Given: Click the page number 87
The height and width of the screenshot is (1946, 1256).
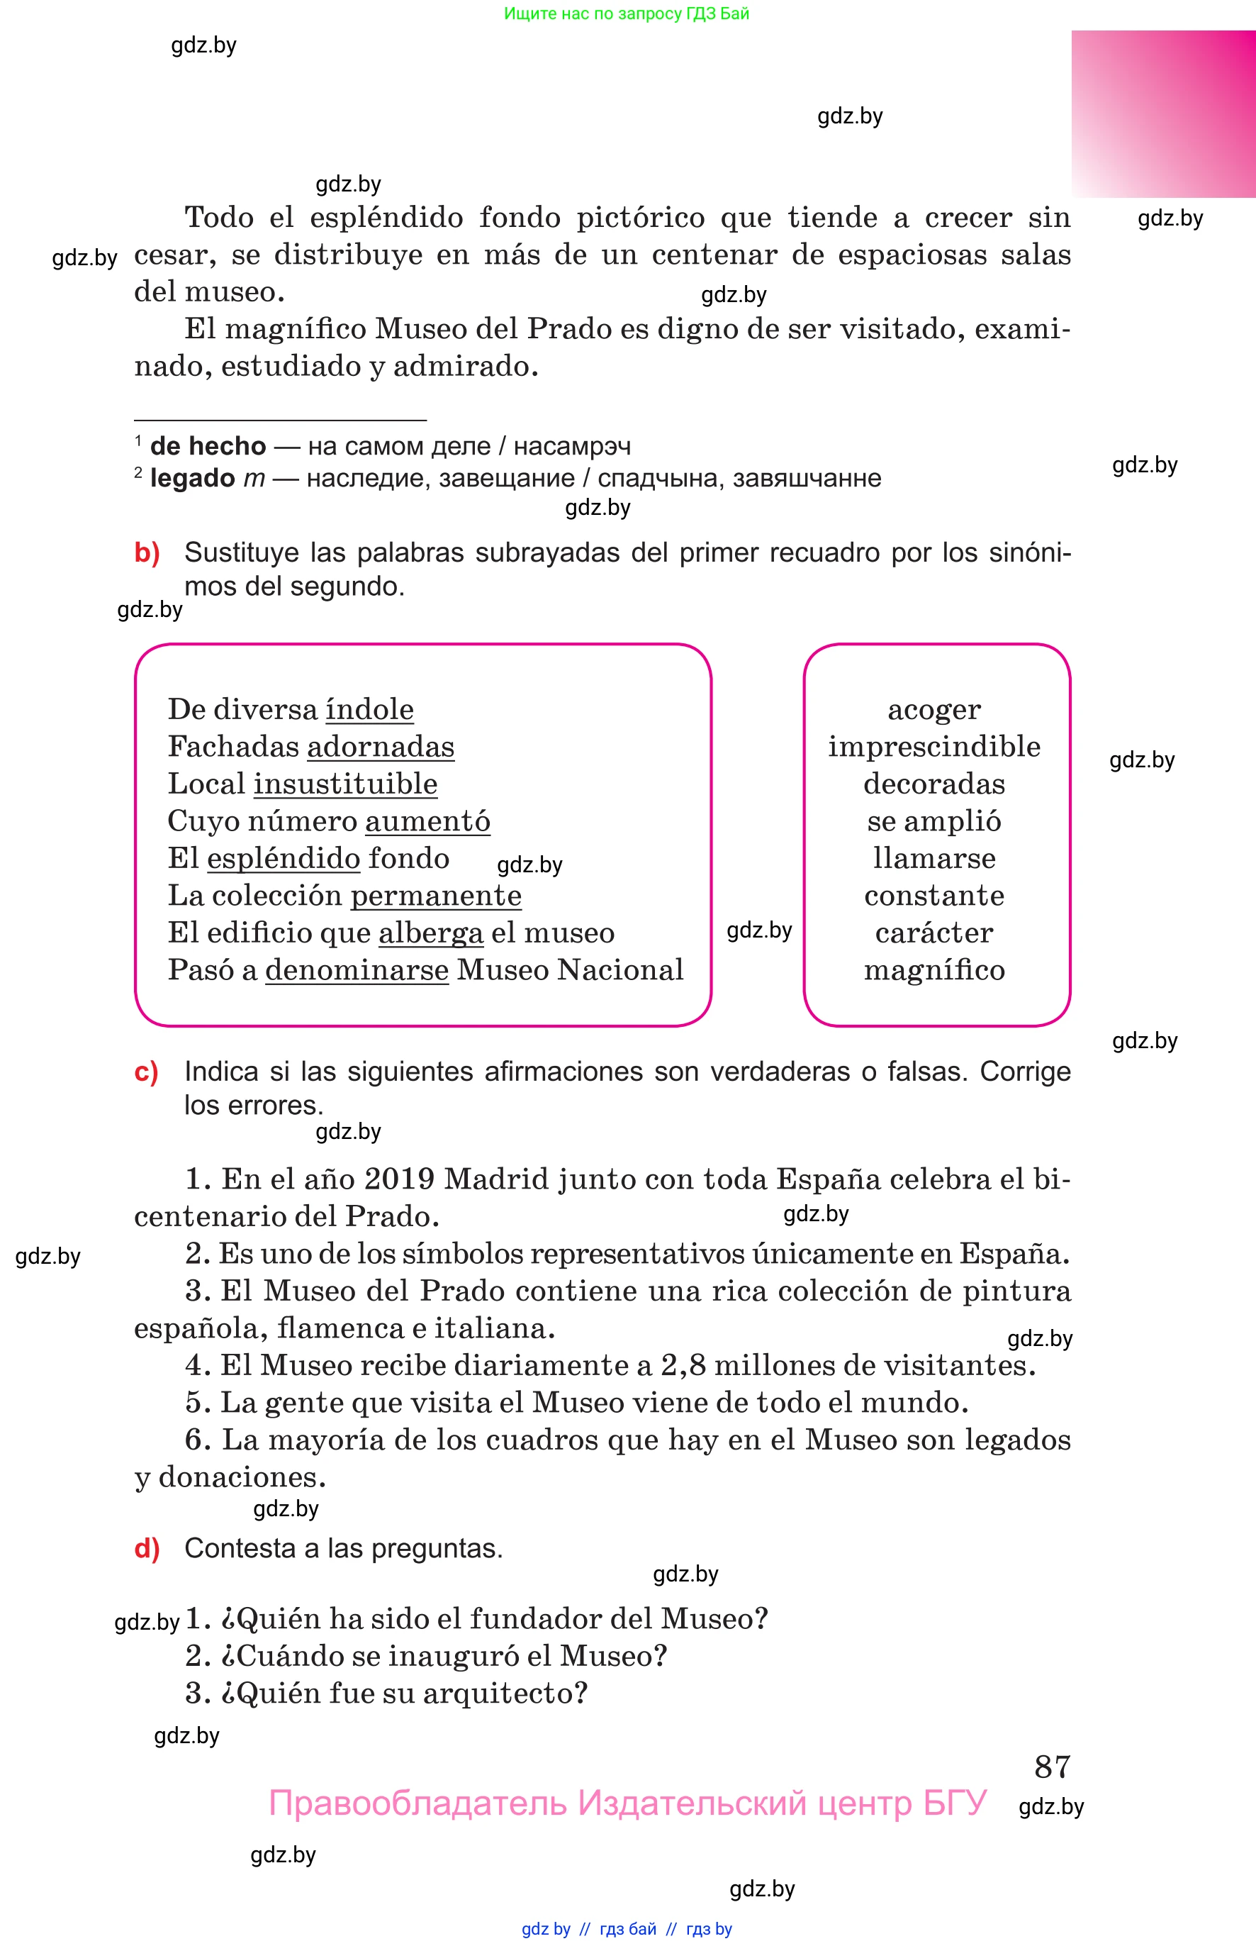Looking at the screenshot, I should coord(1051,1767).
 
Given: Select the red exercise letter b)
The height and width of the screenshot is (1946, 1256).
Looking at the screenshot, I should coord(147,552).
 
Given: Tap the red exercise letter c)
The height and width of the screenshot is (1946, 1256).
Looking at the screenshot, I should coord(146,1072).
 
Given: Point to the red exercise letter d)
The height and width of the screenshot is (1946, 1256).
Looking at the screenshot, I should coord(147,1548).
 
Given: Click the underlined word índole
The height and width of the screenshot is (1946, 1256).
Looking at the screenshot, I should coord(369,709).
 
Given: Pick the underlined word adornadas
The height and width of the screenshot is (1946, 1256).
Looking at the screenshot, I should coord(380,747).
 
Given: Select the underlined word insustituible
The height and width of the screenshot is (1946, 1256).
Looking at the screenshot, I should coord(345,784).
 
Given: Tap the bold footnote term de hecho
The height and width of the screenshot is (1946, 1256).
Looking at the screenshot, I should coord(208,446).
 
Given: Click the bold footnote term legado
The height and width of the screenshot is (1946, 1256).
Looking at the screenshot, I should coord(193,478).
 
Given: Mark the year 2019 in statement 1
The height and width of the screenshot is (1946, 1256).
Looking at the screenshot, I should coord(400,1179).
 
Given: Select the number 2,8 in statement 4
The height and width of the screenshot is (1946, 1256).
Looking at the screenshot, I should coord(683,1365).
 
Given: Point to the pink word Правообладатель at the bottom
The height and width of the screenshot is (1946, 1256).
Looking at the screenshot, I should coord(417,1803).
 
